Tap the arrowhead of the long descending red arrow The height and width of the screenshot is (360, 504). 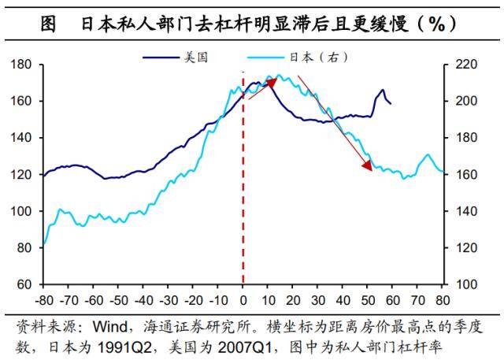pyautogui.click(x=368, y=165)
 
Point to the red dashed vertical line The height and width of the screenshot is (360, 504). pyautogui.click(x=243, y=197)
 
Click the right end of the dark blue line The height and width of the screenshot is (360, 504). pyautogui.click(x=391, y=103)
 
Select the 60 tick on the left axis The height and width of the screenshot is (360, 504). pyautogui.click(x=24, y=284)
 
